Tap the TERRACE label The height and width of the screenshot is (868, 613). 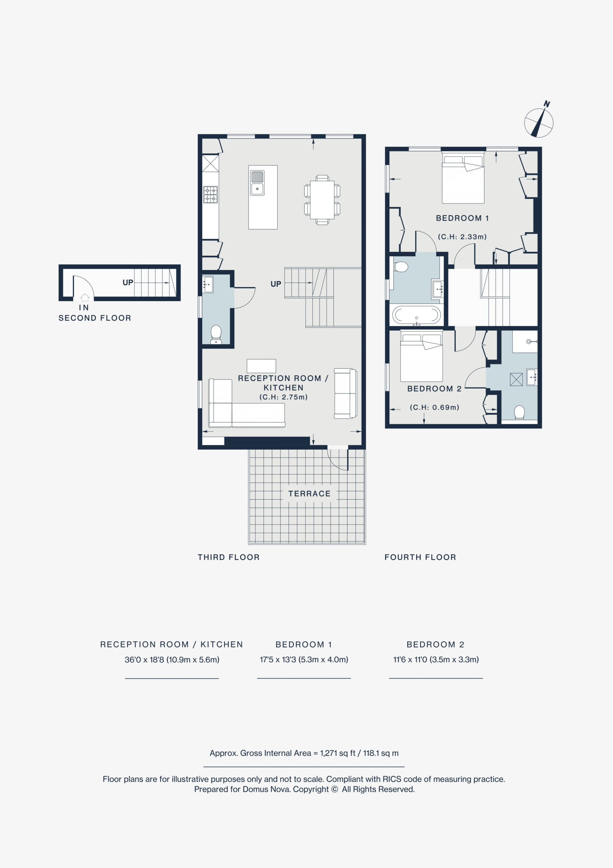(309, 494)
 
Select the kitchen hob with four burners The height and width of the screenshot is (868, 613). (210, 195)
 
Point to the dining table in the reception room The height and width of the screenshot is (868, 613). (322, 200)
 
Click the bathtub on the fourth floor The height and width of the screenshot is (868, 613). (416, 315)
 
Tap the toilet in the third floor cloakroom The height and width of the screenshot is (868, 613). (216, 335)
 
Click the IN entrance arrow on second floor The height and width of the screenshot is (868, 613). (85, 297)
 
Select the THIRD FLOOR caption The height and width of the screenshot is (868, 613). (229, 557)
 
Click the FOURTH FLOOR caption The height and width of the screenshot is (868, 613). (420, 557)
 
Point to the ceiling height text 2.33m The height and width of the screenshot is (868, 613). (462, 237)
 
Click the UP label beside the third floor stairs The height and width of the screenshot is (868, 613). (276, 284)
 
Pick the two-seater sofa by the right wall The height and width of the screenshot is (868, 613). (345, 394)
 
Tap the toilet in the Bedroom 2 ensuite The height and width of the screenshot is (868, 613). (520, 412)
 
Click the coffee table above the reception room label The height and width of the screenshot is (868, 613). (261, 366)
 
